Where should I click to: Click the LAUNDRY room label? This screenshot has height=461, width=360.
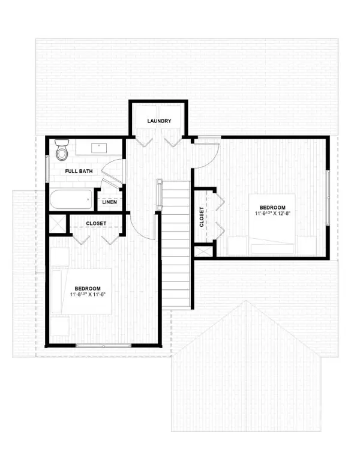pos(159,121)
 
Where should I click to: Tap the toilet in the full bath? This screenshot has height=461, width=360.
pos(62,149)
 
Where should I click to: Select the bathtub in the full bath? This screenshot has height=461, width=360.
pos(71,199)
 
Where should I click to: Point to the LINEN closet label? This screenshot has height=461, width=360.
pos(109,202)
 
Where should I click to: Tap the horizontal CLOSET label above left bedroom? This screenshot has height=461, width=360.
pos(96,223)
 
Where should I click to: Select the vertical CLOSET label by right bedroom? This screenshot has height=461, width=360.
pos(202,217)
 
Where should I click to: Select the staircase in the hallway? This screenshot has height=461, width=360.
pos(175,240)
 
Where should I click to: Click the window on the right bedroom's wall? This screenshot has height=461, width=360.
pos(328,198)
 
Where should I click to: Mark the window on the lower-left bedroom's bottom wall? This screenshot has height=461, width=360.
pos(103,345)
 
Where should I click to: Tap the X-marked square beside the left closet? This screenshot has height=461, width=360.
pos(58,223)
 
